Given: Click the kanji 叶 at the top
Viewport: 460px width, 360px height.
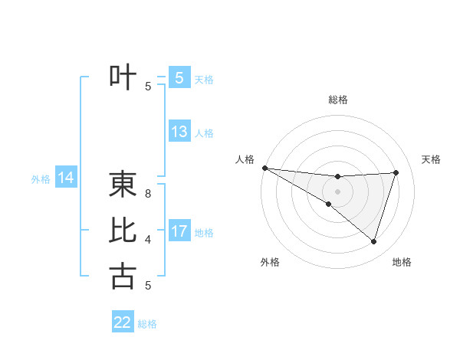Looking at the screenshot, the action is coord(123,78).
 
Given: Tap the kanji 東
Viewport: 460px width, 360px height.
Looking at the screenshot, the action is coord(123,185).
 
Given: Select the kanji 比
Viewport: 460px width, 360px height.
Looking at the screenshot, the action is coord(123,231).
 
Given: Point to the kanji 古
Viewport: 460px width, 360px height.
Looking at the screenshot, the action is coord(123,276).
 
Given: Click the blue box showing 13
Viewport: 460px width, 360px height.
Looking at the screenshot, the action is coord(179,132).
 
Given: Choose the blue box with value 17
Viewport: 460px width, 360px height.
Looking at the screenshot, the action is coord(179,231).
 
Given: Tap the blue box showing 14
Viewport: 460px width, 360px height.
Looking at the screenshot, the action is coord(66,178).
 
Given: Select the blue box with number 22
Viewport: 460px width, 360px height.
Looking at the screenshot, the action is coord(123,322).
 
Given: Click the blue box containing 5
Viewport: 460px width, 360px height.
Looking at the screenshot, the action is coord(179,78).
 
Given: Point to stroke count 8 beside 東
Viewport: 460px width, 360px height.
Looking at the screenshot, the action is coord(148,194).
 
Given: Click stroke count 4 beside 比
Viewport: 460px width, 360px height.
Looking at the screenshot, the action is coord(148,240).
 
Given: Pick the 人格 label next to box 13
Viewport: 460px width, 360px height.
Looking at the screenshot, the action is coord(204,133).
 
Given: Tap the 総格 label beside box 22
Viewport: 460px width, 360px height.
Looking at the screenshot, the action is coord(147,324).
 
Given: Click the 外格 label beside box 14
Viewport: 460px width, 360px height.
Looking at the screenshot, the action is coord(41,179).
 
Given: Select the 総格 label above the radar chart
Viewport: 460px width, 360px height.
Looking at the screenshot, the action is coord(338,100).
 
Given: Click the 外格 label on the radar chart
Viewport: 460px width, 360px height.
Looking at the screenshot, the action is coord(270,262).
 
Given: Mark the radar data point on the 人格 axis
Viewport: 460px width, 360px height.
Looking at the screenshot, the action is coord(264,167).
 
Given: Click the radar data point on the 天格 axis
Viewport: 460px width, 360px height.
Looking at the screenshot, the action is coord(396,172).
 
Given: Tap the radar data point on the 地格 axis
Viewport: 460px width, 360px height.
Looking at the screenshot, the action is coord(373,241).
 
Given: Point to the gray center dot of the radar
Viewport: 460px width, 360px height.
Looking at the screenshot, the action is coord(338,191).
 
